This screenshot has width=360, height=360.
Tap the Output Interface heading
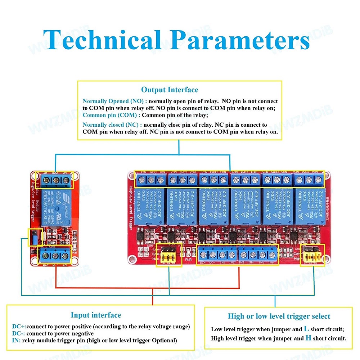(x=170, y=90)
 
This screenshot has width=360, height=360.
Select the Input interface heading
(x=96, y=315)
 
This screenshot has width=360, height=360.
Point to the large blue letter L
(x=306, y=329)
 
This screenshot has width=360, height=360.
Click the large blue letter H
(x=308, y=338)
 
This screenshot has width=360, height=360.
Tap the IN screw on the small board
(x=65, y=256)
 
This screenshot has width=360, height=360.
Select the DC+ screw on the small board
(x=46, y=256)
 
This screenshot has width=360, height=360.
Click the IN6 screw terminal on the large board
(x=272, y=255)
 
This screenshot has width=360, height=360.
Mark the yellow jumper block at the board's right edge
(x=312, y=256)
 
